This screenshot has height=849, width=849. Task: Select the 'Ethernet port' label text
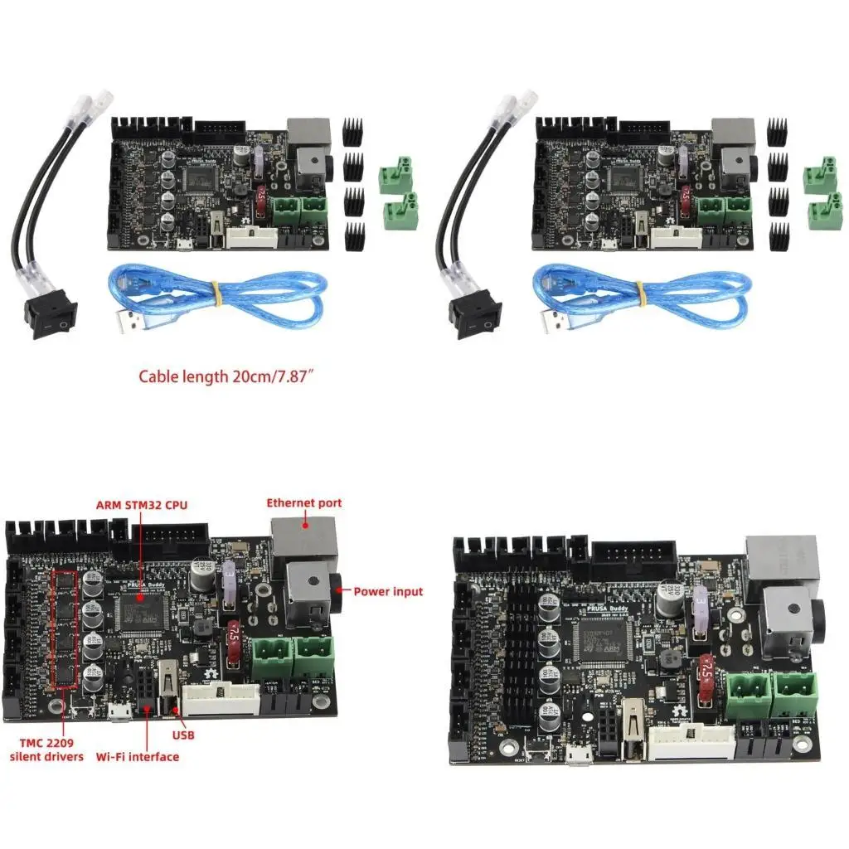(x=303, y=502)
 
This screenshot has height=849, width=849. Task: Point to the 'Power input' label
(x=388, y=591)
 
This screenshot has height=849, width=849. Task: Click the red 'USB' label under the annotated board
(x=183, y=735)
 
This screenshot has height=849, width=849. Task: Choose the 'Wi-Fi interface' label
(x=137, y=756)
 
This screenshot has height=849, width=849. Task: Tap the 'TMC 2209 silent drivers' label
(x=46, y=749)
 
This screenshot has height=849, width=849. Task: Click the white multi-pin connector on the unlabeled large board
(x=691, y=740)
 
